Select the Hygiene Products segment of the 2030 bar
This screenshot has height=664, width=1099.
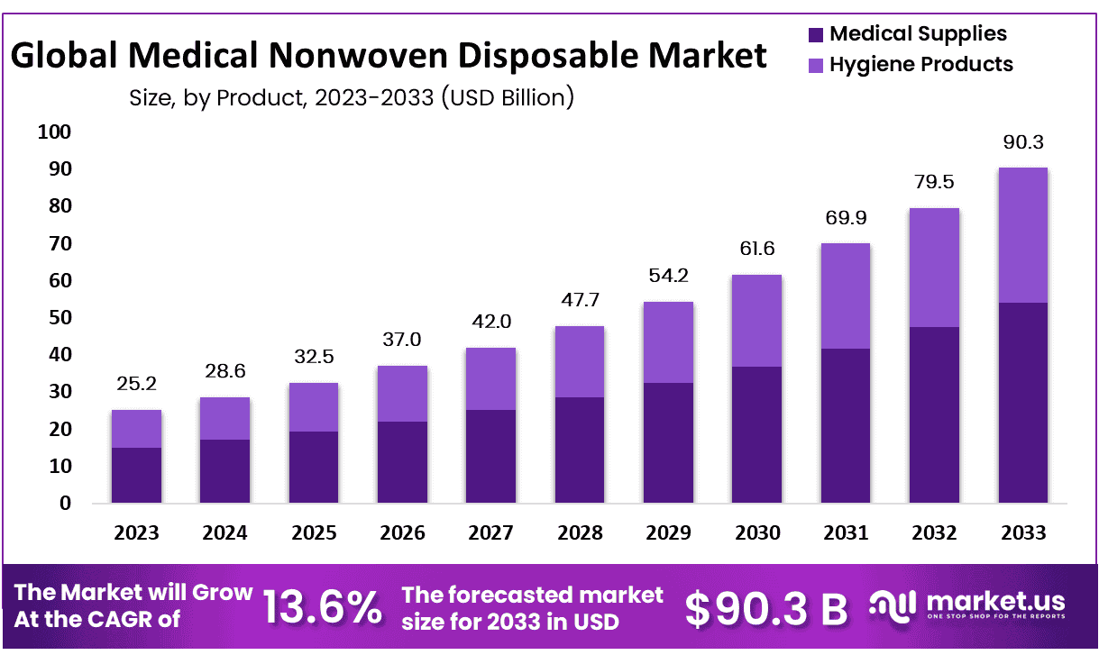click(756, 321)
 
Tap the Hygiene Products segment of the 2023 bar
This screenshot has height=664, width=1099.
click(136, 429)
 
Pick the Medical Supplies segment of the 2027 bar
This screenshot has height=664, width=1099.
click(490, 456)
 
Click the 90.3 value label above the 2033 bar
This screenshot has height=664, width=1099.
click(1021, 142)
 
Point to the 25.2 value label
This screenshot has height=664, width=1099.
click(136, 385)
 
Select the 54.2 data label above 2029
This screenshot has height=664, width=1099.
click(668, 276)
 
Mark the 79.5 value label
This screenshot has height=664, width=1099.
click(933, 183)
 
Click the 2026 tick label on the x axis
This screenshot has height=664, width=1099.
click(402, 532)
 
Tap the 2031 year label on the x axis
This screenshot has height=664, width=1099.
click(845, 532)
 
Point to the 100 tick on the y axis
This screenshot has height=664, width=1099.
click(54, 132)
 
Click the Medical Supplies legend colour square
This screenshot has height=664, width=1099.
click(815, 35)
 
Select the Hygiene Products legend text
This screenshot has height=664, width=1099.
click(920, 64)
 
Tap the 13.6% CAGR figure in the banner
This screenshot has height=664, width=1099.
click(323, 608)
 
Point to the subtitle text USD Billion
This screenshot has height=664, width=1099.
click(506, 96)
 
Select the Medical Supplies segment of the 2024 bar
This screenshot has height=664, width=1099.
click(224, 471)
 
